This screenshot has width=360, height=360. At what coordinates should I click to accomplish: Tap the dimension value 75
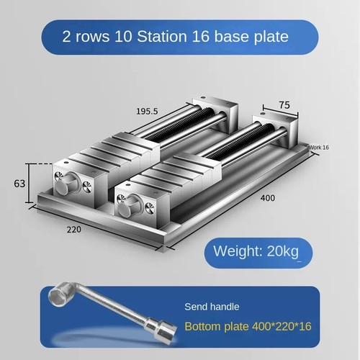[x=284, y=104]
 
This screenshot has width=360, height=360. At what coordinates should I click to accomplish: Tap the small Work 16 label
[x=318, y=147]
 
